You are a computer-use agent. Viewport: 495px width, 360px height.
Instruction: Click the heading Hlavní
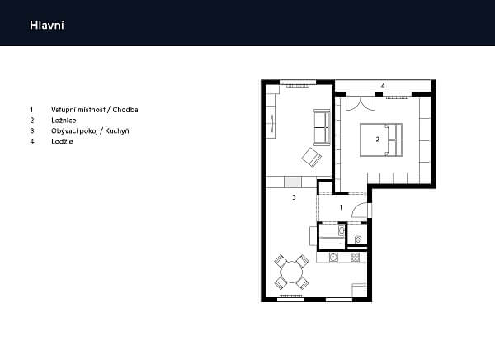(47, 26)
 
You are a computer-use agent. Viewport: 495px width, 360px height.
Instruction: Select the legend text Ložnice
(64, 121)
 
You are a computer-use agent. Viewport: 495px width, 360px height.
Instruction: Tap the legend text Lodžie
(62, 141)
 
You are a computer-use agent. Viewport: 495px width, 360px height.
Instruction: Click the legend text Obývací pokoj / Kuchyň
(90, 130)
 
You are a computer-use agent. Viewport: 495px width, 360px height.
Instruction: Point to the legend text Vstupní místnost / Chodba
(95, 110)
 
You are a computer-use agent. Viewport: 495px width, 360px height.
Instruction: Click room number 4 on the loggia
(383, 86)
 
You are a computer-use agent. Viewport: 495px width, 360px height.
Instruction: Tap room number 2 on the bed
(378, 139)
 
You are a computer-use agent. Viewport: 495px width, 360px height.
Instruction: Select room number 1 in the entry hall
(341, 207)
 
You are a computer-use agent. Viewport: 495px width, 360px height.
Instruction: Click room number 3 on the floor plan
(294, 197)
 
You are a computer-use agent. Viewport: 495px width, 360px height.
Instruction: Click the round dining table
(292, 272)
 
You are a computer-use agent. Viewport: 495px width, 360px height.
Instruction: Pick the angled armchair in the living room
(311, 157)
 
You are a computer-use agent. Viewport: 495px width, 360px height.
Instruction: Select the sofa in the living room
(322, 127)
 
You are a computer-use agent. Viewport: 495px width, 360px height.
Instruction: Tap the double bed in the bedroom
(381, 140)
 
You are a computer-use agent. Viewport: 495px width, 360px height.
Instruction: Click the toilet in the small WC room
(358, 240)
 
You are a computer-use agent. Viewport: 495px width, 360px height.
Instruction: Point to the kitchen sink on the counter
(332, 258)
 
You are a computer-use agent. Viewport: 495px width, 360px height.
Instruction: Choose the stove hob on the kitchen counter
(355, 258)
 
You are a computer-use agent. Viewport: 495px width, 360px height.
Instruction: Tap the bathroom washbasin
(342, 230)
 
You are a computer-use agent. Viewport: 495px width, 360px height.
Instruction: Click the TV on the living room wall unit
(272, 122)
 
